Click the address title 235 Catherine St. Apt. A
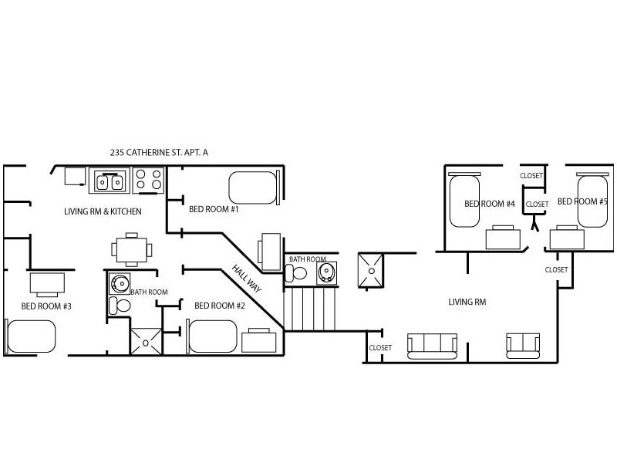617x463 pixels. pyautogui.click(x=160, y=153)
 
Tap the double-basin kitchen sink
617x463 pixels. pyautogui.click(x=110, y=181)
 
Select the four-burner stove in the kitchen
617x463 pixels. pyautogui.click(x=149, y=181)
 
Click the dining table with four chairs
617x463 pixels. pyautogui.click(x=128, y=248)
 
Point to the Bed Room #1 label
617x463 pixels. pyautogui.click(x=214, y=209)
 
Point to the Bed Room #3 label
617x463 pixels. pyautogui.click(x=46, y=306)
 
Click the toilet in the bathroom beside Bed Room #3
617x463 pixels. pyautogui.click(x=119, y=305)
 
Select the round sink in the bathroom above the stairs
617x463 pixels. pyautogui.click(x=326, y=272)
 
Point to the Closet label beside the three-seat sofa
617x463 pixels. pyautogui.click(x=380, y=348)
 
